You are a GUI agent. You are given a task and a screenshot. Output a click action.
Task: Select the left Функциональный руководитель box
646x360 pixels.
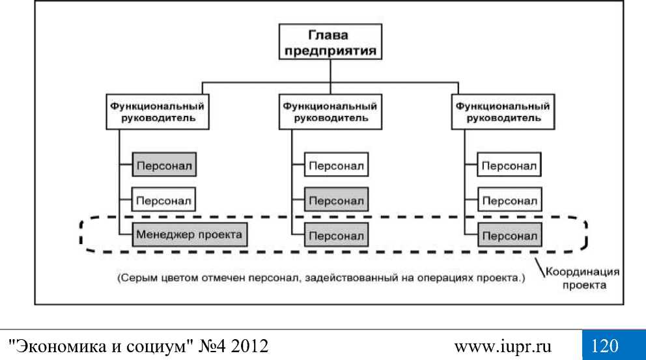tap(155, 112)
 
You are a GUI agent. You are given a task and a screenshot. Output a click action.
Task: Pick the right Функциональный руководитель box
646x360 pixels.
tap(499, 112)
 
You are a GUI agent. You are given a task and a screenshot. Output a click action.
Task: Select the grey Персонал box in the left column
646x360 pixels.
tap(165, 165)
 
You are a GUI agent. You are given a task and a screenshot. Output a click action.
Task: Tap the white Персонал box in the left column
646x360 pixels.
tap(165, 199)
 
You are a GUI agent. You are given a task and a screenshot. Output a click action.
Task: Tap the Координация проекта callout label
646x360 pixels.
tap(582, 278)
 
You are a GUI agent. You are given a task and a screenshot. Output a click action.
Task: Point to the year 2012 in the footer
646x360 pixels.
tap(249, 344)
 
